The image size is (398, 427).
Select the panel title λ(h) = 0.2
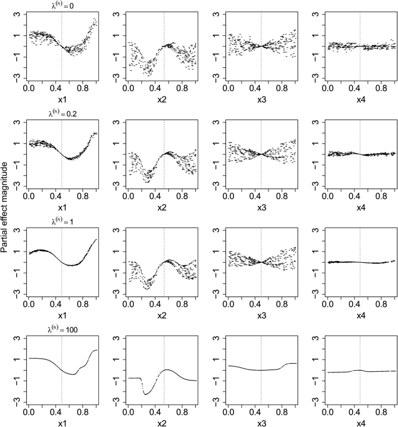click(x=62, y=113)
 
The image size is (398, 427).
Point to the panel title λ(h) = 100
click(x=62, y=330)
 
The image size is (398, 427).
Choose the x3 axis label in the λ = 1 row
click(x=261, y=316)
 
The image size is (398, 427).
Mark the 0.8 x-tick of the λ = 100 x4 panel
click(x=381, y=413)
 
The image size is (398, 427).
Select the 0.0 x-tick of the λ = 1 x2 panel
click(x=128, y=305)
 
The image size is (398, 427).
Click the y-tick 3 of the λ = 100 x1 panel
click(x=17, y=338)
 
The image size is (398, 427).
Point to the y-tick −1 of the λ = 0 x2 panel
click(x=116, y=56)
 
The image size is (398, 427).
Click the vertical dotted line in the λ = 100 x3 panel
click(x=261, y=371)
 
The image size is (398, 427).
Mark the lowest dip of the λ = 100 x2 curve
click(x=145, y=394)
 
